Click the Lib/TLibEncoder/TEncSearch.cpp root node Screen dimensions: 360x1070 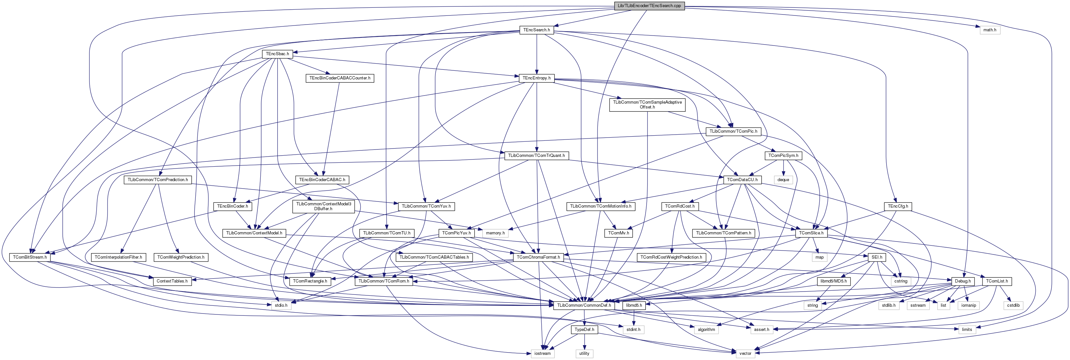[649, 6]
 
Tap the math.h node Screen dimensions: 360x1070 [989, 30]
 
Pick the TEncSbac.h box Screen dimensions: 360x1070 [277, 54]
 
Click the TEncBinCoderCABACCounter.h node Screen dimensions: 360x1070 [340, 78]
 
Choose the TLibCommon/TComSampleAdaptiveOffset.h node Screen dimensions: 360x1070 [647, 105]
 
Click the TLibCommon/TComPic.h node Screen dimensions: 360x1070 [733, 131]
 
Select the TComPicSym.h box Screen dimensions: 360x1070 [783, 156]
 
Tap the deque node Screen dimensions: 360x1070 [783, 180]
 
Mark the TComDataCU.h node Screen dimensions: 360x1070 [742, 180]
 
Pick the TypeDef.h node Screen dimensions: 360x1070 [584, 330]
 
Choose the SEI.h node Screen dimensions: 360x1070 [877, 257]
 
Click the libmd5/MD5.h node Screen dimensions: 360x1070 [833, 282]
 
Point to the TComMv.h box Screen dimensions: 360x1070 [618, 233]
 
